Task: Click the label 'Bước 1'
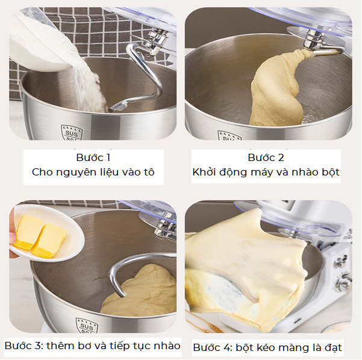(x=93, y=158)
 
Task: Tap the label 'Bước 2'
(x=266, y=158)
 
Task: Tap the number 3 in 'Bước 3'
(x=39, y=346)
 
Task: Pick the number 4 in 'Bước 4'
(x=228, y=348)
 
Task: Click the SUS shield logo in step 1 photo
(x=72, y=133)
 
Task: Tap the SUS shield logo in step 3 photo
(x=87, y=326)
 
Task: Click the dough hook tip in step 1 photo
(x=111, y=110)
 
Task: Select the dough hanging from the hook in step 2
(x=278, y=90)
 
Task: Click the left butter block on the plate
(x=28, y=232)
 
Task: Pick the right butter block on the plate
(x=49, y=241)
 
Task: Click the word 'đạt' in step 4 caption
(x=334, y=348)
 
